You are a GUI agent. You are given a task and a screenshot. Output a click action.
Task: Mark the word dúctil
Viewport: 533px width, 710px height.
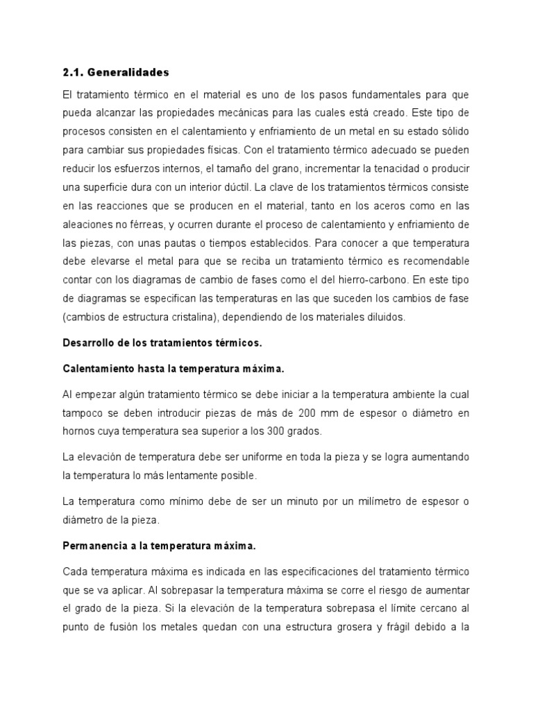click(237, 187)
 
